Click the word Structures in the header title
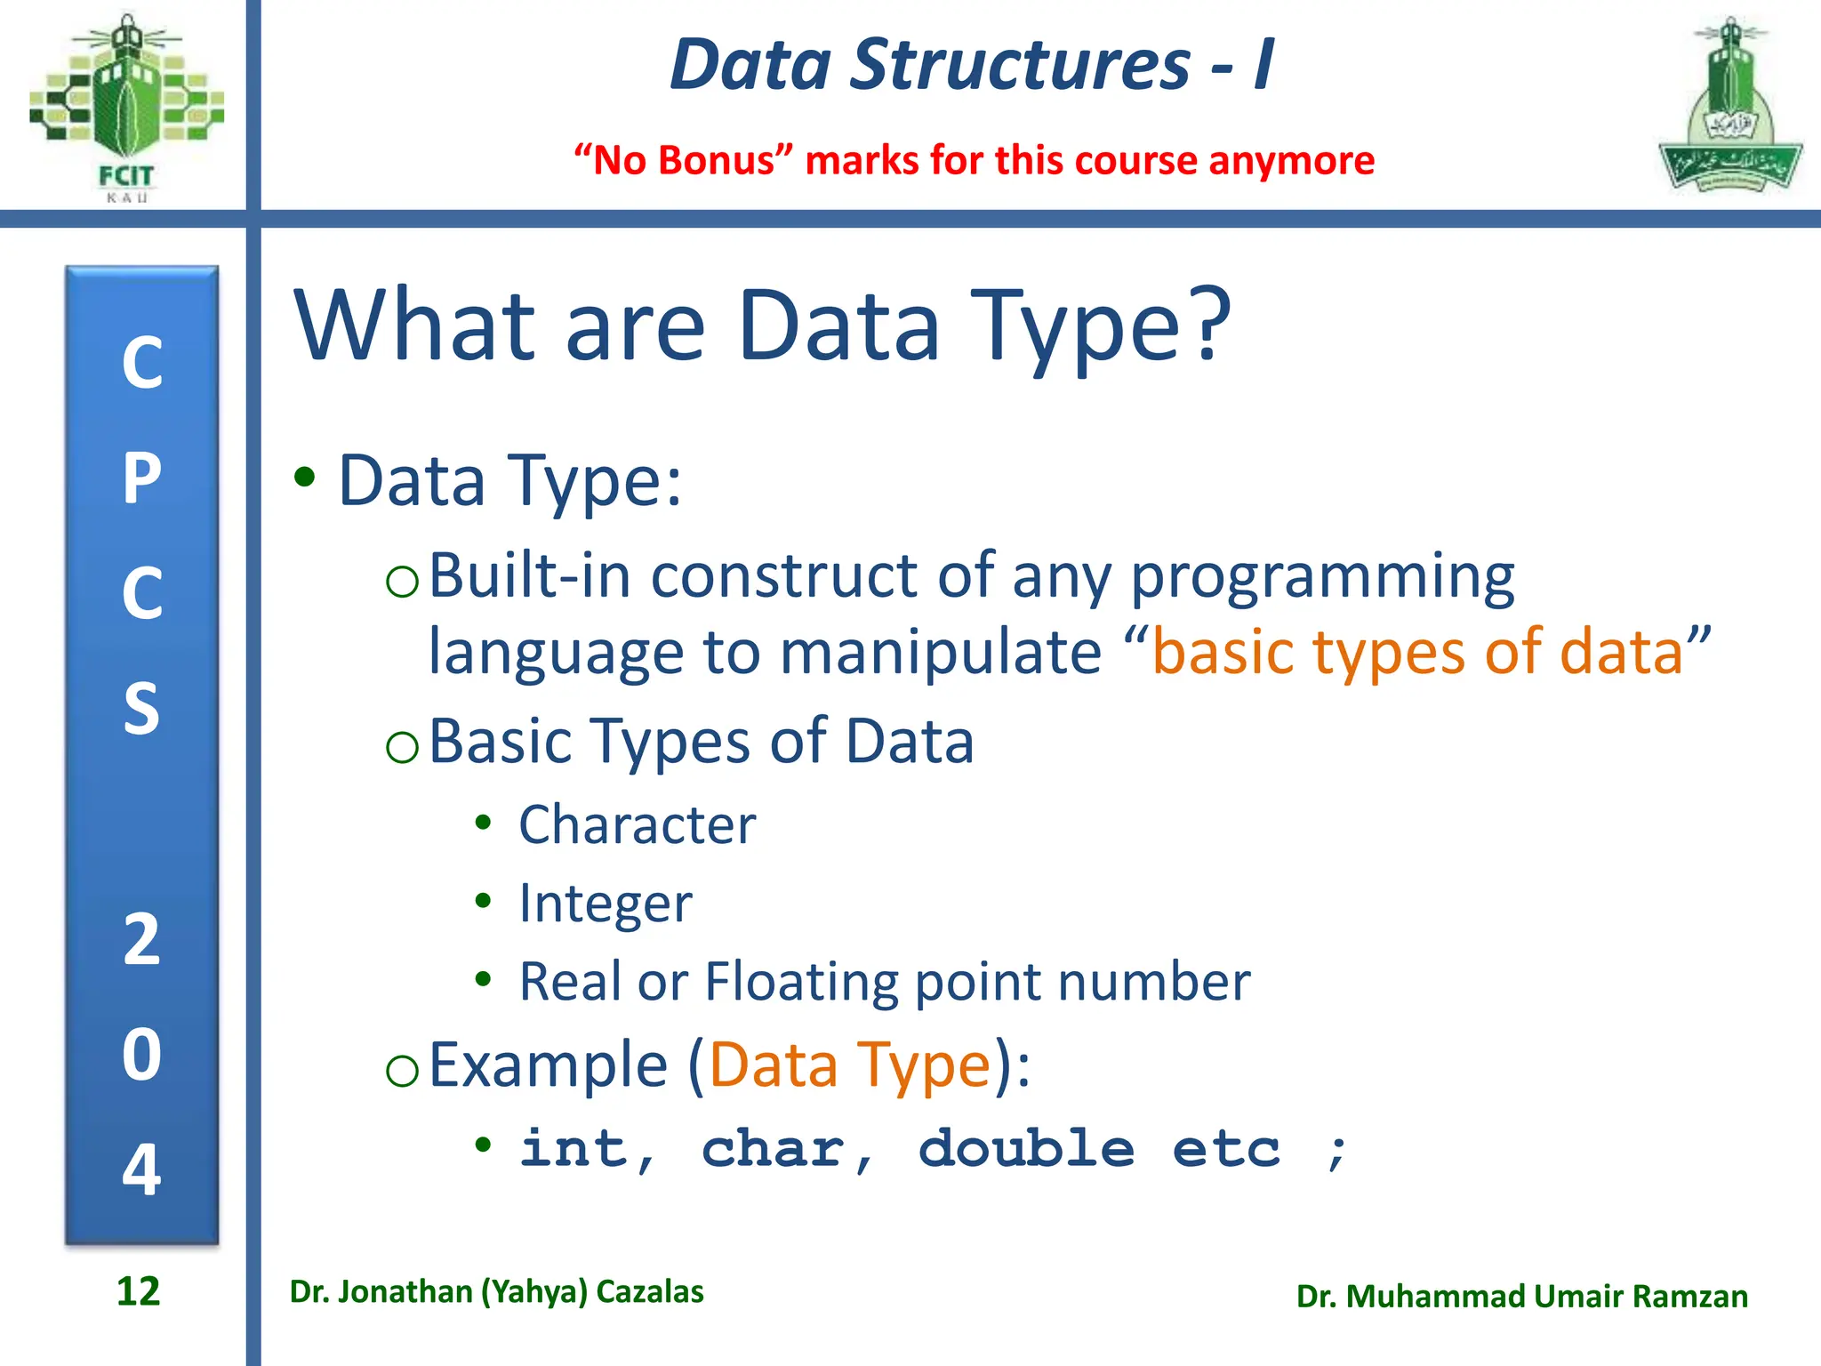tap(1020, 65)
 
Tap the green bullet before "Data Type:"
tap(305, 478)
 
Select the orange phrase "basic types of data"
tap(1417, 652)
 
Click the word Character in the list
tap(637, 824)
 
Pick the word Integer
tap(605, 904)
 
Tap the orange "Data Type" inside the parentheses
tap(849, 1065)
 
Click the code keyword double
tap(1026, 1148)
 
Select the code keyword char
tap(774, 1148)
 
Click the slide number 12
tap(138, 1291)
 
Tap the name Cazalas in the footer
tap(649, 1291)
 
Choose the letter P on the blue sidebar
tap(141, 478)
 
